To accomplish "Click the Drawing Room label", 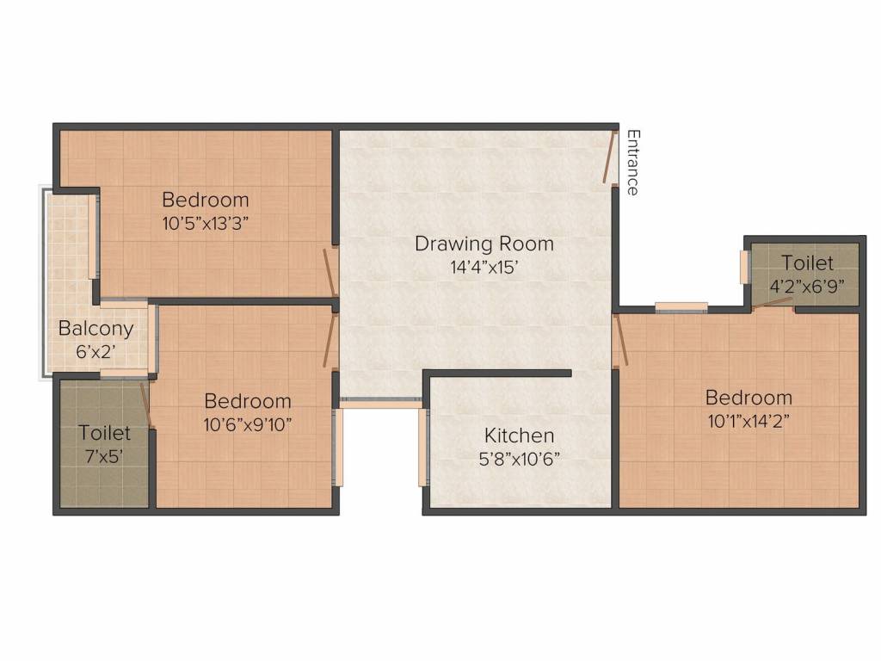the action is tap(484, 244).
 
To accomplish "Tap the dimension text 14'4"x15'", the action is tap(484, 268).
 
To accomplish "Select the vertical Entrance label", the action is tap(633, 163).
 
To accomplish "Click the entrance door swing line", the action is tap(609, 157).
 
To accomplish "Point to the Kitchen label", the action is tap(519, 436).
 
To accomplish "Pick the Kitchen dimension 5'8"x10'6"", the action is tap(519, 460).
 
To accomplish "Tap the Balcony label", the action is tap(96, 329).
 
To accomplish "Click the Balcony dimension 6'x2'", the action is tap(96, 352).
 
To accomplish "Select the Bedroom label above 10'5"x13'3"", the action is tap(206, 200).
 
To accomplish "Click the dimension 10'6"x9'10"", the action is tap(247, 425).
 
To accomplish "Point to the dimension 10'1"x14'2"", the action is tap(749, 422).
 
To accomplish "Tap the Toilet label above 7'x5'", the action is tap(104, 433).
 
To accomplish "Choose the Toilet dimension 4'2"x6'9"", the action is tap(807, 287).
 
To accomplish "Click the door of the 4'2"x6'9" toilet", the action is tap(773, 303).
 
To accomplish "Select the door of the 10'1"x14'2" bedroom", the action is tap(620, 339).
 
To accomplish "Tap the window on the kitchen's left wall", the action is tap(423, 447).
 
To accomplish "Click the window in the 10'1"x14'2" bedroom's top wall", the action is tap(681, 306).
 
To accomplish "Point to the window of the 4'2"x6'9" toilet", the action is tap(745, 267).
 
